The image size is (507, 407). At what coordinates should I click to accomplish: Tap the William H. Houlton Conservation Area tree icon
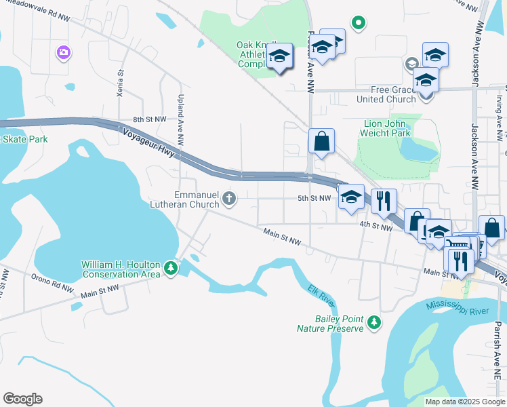click(171, 269)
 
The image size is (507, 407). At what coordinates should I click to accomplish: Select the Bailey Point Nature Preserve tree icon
click(373, 324)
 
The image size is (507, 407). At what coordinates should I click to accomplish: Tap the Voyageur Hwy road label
click(148, 141)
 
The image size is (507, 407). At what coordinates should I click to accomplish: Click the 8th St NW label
click(149, 119)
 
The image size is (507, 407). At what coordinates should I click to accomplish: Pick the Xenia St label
click(121, 83)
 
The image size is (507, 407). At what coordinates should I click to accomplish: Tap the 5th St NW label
click(314, 199)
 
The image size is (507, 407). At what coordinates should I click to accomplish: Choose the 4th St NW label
click(376, 228)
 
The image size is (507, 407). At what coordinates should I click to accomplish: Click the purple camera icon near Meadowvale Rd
click(64, 52)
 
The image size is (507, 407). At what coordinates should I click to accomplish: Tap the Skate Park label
click(24, 139)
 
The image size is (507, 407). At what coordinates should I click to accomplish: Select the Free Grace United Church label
click(387, 94)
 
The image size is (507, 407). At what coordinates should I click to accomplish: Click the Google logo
click(22, 399)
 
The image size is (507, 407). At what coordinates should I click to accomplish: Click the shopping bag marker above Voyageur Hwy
click(322, 141)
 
